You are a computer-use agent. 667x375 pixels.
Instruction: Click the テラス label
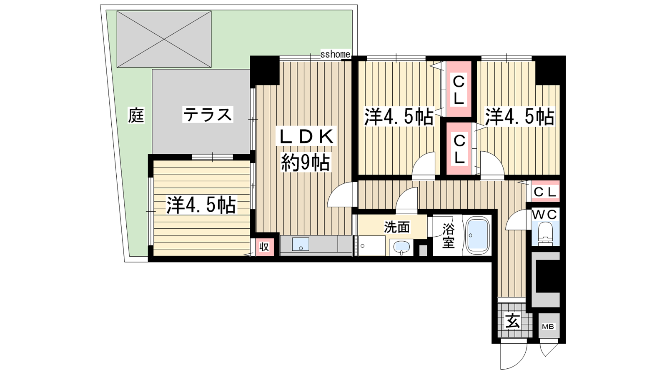pyautogui.click(x=207, y=115)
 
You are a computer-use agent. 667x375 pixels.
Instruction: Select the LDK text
pyautogui.click(x=306, y=137)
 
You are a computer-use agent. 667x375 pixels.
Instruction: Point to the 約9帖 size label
pyautogui.click(x=306, y=162)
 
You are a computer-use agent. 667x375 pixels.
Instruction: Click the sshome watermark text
pyautogui.click(x=335, y=54)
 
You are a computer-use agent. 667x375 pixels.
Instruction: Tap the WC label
pyautogui.click(x=544, y=215)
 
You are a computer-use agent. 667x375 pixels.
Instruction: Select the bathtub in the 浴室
pyautogui.click(x=478, y=235)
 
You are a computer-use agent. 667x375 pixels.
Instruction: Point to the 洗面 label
pyautogui.click(x=396, y=227)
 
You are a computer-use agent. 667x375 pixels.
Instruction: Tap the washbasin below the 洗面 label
pyautogui.click(x=402, y=247)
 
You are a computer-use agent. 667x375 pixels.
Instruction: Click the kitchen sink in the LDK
pyautogui.click(x=301, y=244)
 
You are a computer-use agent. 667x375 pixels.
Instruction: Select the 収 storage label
pyautogui.click(x=264, y=247)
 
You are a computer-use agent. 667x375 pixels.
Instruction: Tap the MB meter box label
pyautogui.click(x=548, y=327)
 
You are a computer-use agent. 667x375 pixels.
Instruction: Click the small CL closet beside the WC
pyautogui.click(x=544, y=191)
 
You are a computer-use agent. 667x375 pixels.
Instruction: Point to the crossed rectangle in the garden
pyautogui.click(x=164, y=39)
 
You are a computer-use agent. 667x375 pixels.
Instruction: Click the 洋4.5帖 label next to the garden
pyautogui.click(x=201, y=205)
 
